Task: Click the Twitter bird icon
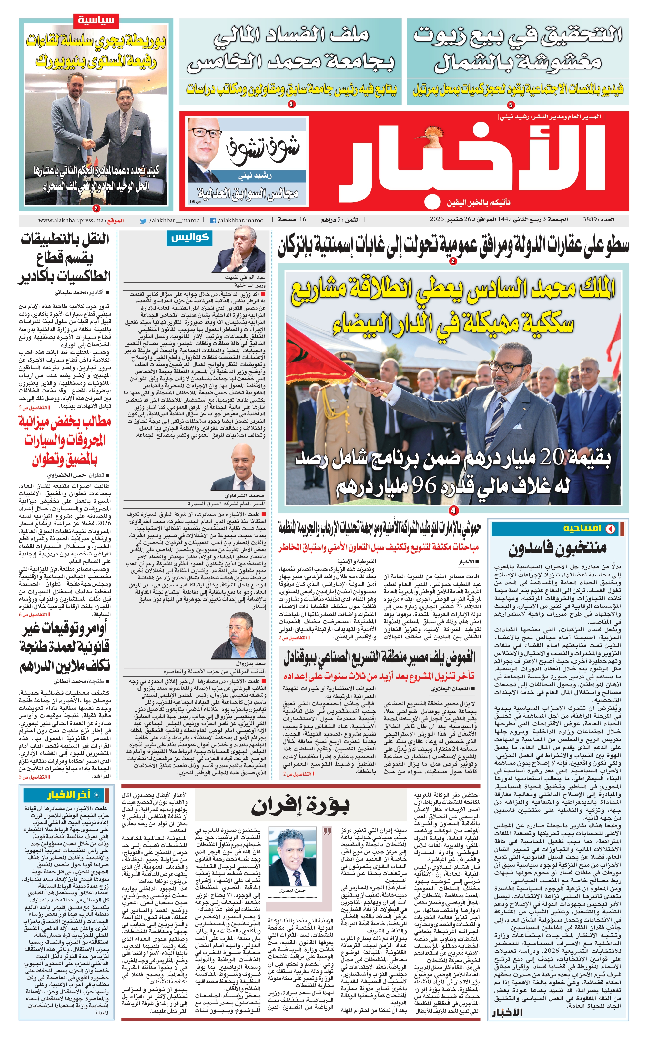tap(143, 221)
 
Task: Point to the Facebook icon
tap(213, 221)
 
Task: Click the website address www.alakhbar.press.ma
tap(71, 220)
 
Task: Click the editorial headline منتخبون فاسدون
tap(557, 547)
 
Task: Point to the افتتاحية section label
tap(582, 528)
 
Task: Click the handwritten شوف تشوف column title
tap(262, 150)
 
